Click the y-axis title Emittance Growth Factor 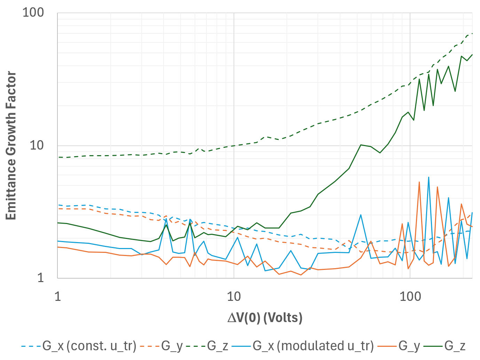(11, 145)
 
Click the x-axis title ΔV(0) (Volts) (265, 318)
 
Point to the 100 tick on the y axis (33, 13)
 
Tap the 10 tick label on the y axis (37, 145)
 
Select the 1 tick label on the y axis (41, 278)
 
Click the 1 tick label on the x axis (58, 296)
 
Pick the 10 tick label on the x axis (234, 296)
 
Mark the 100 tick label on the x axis (410, 296)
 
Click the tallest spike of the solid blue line (428, 177)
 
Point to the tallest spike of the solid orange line (419, 182)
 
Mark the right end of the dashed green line (472, 34)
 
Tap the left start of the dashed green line (58, 157)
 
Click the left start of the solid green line (58, 223)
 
